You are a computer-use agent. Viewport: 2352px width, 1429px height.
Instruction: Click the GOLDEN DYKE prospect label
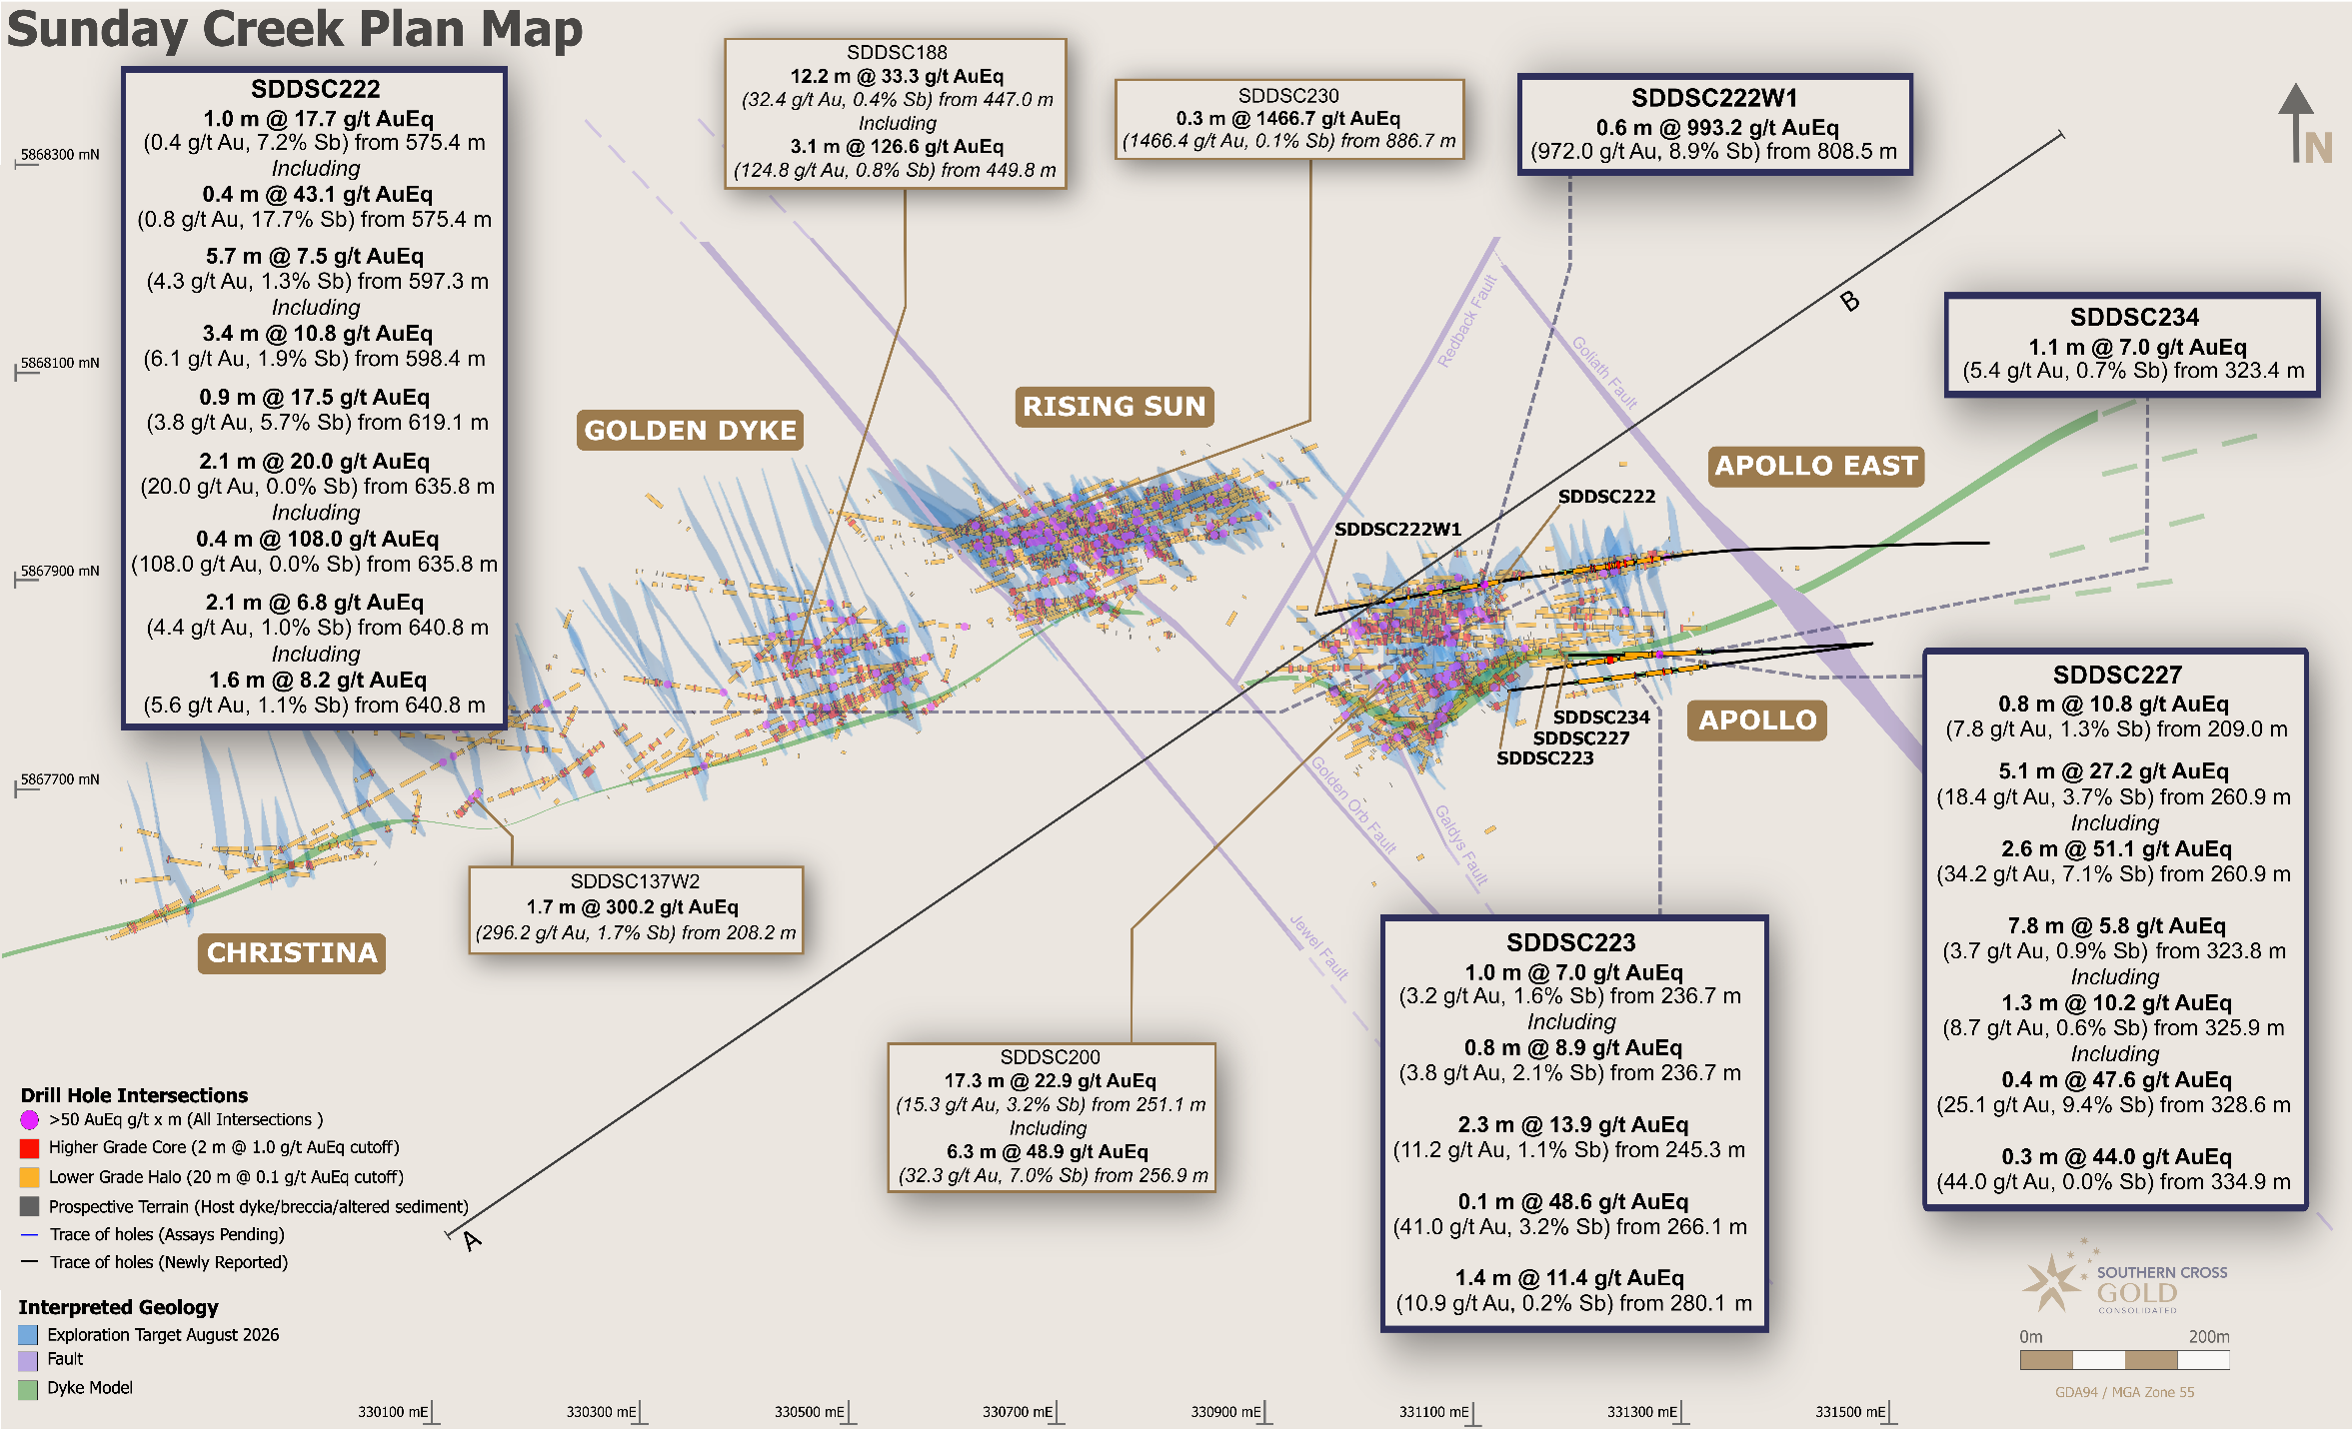pos(690,430)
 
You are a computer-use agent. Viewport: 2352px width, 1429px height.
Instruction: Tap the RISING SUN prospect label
pos(1115,406)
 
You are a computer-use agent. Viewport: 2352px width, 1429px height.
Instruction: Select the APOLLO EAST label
pos(1816,466)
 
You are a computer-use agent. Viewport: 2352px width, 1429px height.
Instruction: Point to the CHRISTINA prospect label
pos(292,953)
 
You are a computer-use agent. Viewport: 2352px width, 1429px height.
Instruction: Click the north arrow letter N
pos(2318,149)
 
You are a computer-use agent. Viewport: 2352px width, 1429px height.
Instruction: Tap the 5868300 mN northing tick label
pos(60,155)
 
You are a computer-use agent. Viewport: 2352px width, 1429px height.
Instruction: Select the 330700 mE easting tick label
pos(1017,1412)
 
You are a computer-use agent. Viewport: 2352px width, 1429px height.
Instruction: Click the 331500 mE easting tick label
pos(1850,1412)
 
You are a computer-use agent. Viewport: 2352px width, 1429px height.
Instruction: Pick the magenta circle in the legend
pos(29,1120)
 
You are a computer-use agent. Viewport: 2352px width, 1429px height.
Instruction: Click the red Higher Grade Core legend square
pos(29,1148)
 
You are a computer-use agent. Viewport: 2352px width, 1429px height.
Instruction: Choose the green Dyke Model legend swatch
pos(28,1389)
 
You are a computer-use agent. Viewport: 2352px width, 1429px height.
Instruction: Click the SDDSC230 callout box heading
pos(1288,96)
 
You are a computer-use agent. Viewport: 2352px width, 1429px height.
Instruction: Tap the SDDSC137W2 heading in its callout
pos(635,881)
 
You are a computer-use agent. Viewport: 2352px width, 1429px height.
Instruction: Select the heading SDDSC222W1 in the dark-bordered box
pos(1714,98)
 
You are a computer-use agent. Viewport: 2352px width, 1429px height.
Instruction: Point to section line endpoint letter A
pos(472,1241)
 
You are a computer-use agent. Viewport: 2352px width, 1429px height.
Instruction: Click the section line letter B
pos(1850,301)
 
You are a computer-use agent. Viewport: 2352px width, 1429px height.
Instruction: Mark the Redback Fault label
pos(1466,321)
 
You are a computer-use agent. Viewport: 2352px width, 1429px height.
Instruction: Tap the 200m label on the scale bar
pos(2209,1337)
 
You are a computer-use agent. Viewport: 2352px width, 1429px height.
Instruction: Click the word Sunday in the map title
pos(97,30)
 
